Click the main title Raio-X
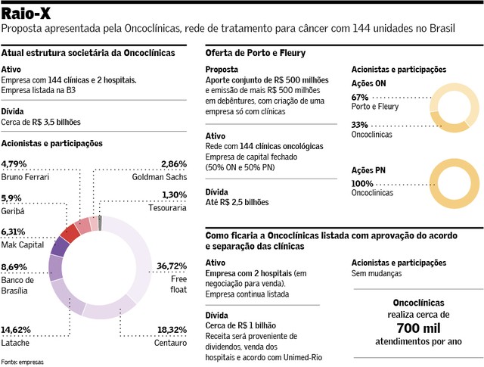[26, 14]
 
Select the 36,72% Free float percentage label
[172, 266]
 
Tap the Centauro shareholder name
[170, 343]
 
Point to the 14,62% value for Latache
[16, 330]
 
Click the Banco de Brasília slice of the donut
[55, 268]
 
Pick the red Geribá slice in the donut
[70, 233]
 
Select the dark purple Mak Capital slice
[60, 247]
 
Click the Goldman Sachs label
[160, 177]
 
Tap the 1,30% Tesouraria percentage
[175, 195]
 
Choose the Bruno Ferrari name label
[25, 177]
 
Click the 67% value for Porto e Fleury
[360, 98]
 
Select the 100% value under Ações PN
[362, 183]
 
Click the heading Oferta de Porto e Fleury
[256, 53]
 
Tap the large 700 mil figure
[418, 328]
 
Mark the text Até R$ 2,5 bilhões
[237, 202]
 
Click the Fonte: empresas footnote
[22, 362]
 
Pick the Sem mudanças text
[377, 273]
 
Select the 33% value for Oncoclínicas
[360, 125]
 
